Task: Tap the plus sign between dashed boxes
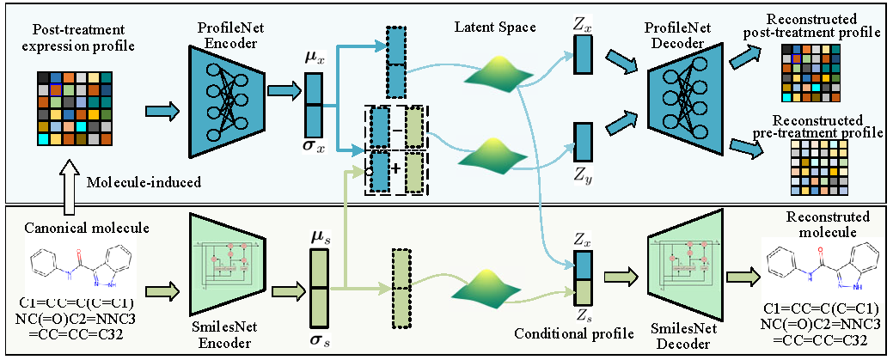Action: pos(397,168)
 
